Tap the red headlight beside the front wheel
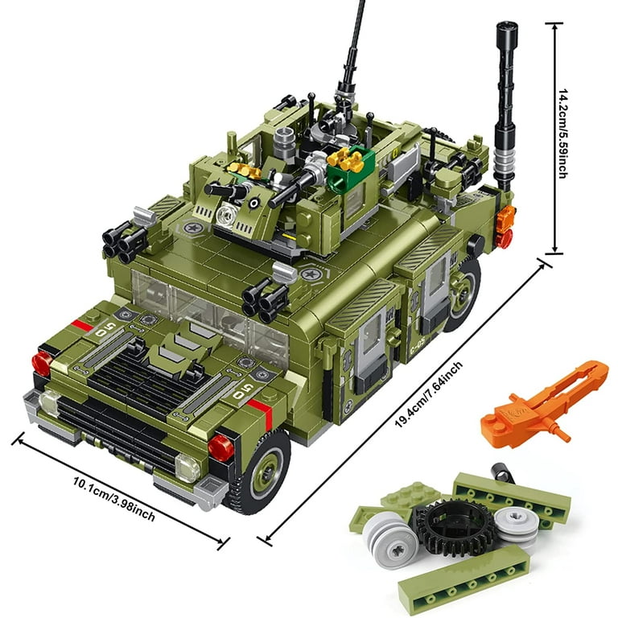click(x=220, y=447)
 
